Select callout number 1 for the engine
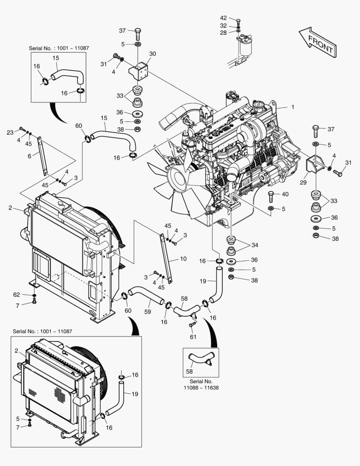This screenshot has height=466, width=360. click(292, 107)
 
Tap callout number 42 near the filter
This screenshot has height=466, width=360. click(223, 18)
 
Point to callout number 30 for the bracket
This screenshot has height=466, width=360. click(152, 54)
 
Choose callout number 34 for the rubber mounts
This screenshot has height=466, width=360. click(255, 245)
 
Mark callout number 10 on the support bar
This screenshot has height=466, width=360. click(183, 259)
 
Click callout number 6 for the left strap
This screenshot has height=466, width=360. click(30, 156)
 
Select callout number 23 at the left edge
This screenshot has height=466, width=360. click(10, 132)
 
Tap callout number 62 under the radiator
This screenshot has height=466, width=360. click(16, 295)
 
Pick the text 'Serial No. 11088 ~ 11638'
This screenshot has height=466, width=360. click(201, 384)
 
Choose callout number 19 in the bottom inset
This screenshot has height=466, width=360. click(135, 394)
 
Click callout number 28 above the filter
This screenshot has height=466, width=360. click(223, 32)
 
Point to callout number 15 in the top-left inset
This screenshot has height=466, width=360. click(56, 58)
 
